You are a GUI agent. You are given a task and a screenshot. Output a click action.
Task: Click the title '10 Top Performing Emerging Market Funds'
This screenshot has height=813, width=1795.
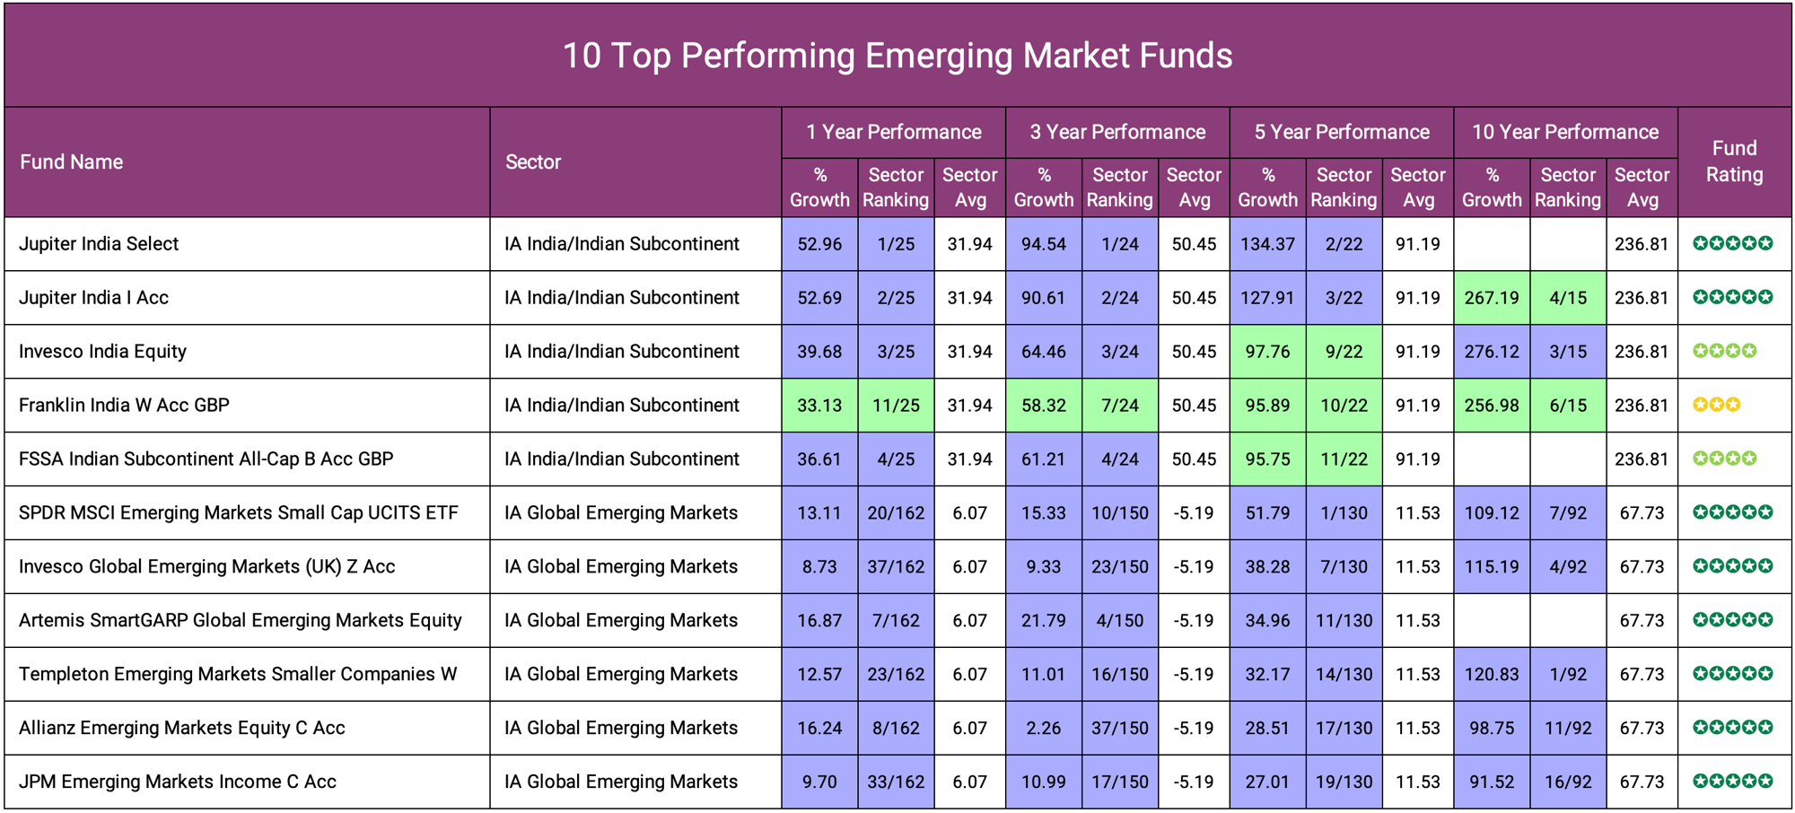(897, 56)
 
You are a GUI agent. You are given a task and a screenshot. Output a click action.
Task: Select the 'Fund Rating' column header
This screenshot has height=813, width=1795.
(1734, 162)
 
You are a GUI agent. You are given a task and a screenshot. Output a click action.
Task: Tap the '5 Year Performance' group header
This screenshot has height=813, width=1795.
(1341, 132)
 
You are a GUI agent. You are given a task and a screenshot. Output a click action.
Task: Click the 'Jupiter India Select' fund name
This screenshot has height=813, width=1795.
(99, 244)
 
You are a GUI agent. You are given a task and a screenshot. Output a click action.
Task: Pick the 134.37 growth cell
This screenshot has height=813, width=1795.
(1267, 244)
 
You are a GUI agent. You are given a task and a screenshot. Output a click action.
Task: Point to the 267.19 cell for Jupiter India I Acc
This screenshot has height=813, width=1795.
(1491, 298)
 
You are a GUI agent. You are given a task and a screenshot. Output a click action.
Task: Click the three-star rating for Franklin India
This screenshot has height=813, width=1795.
(1716, 405)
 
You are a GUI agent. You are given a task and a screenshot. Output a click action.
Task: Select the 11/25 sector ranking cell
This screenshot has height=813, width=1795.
(896, 406)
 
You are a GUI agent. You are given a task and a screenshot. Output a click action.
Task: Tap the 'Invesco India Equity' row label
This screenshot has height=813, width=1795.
(102, 352)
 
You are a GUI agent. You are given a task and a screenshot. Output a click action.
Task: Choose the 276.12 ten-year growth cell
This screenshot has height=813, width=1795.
(1491, 352)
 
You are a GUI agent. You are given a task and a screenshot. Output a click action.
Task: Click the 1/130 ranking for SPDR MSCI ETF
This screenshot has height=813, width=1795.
(1344, 513)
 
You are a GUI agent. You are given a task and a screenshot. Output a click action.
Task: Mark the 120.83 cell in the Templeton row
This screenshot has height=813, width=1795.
(1491, 675)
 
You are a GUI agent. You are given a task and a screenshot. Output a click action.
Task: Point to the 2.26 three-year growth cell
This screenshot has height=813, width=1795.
(1043, 729)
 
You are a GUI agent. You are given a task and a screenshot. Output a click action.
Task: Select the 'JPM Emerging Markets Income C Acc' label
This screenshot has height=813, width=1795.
(178, 782)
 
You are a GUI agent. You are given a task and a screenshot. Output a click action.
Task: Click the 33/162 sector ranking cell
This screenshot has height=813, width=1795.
(896, 782)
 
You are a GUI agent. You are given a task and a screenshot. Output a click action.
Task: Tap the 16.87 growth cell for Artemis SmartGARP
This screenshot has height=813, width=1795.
(819, 621)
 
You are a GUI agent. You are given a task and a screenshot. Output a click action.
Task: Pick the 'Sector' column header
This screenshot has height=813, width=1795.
(533, 162)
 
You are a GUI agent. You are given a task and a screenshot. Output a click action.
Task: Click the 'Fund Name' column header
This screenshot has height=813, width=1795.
(72, 162)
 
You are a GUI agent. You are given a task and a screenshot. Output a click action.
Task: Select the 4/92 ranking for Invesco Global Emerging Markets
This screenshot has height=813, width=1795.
(1568, 567)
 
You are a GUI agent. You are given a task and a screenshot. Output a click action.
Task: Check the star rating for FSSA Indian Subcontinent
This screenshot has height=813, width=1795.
(1724, 459)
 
